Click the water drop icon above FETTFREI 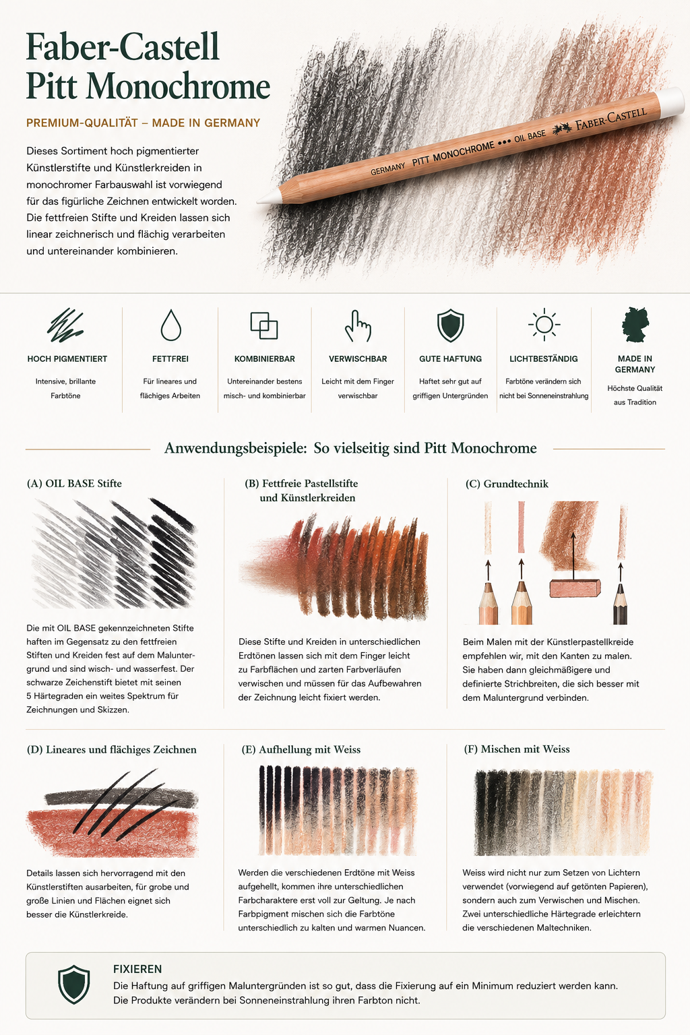(x=170, y=325)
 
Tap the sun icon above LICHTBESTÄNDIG (x=544, y=324)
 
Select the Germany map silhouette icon (x=635, y=324)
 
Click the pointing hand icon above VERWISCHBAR (x=358, y=325)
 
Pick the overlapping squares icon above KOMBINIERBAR (x=264, y=325)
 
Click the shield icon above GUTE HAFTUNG (x=450, y=325)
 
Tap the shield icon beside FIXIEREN (x=74, y=984)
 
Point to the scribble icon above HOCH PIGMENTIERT (x=65, y=325)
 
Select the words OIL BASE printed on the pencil (x=530, y=136)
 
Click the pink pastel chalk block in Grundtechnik (x=575, y=588)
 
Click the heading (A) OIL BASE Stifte (x=74, y=483)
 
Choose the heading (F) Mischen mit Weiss (x=517, y=749)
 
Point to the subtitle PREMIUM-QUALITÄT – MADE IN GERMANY (x=144, y=123)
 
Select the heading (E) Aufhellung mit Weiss (x=301, y=749)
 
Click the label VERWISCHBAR (x=358, y=358)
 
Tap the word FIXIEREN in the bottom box (x=137, y=969)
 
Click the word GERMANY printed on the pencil (x=387, y=168)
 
